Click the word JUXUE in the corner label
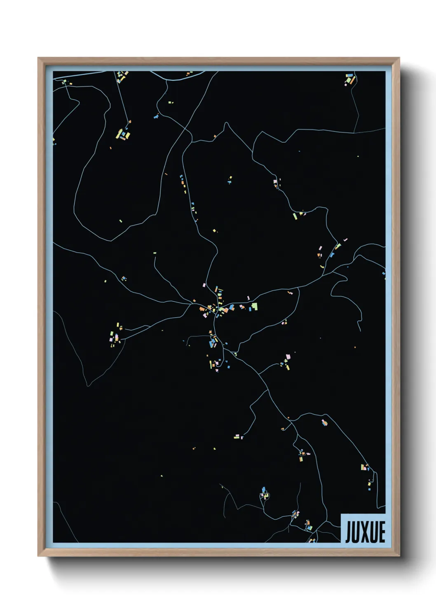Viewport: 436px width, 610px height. coord(365,532)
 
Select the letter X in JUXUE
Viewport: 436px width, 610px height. coord(366,532)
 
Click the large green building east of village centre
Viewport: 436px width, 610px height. coord(255,306)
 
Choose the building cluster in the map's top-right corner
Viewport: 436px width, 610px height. coord(349,79)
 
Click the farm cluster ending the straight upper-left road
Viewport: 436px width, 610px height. coord(123,134)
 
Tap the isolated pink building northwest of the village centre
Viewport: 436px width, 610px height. coord(204,285)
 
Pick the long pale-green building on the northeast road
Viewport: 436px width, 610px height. coord(338,246)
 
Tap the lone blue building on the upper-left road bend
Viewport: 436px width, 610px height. coord(156,117)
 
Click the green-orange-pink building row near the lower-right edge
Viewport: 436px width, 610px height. coord(364,467)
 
